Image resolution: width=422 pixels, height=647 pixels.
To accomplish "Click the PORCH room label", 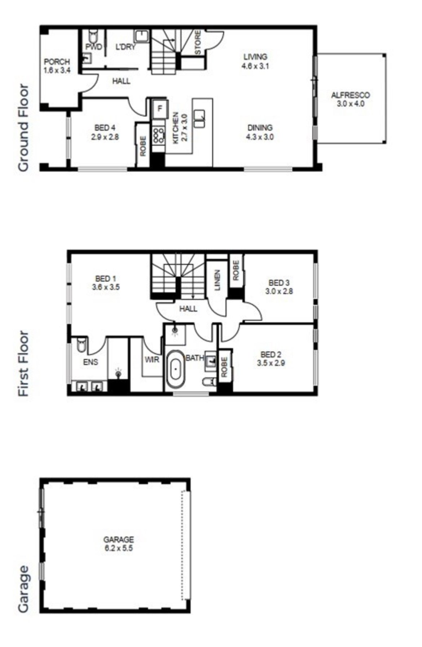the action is click(x=57, y=62).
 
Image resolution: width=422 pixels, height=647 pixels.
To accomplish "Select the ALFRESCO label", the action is click(x=350, y=95).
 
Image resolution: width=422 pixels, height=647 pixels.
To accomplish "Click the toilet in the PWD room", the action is click(x=93, y=36).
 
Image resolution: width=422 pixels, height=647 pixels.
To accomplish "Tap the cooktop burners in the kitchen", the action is click(x=158, y=134).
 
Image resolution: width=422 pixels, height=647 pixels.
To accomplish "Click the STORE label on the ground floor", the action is click(x=198, y=43).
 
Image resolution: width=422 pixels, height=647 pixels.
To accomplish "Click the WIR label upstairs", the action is click(x=152, y=360).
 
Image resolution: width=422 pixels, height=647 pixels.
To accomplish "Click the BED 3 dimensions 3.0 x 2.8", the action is click(x=279, y=291).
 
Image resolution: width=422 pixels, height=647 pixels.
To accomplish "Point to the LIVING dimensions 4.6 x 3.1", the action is click(x=255, y=66).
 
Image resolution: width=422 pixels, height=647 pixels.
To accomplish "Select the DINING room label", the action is click(x=260, y=128).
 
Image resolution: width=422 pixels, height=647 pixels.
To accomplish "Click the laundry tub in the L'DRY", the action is click(x=142, y=36).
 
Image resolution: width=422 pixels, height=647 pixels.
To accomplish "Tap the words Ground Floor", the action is click(x=23, y=128).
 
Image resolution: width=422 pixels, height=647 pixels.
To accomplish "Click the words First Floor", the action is click(x=23, y=364).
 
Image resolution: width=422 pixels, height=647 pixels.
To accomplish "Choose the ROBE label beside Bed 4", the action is click(x=143, y=146).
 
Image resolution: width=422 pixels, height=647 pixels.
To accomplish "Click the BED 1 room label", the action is click(x=105, y=278).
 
